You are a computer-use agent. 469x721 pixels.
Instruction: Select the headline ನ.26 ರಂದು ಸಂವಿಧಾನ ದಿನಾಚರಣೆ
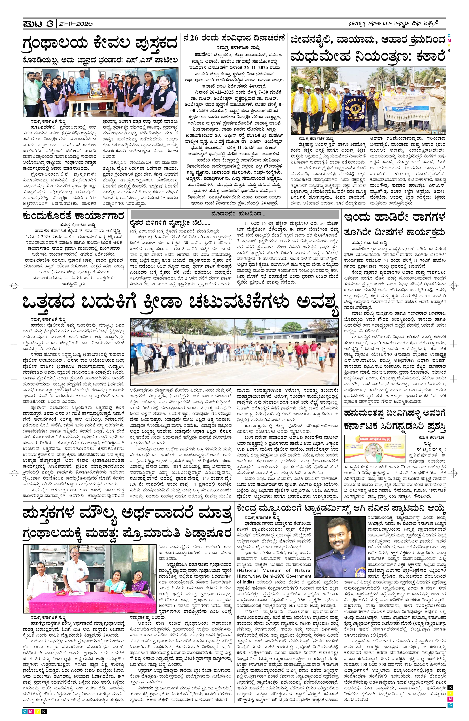point(234,39)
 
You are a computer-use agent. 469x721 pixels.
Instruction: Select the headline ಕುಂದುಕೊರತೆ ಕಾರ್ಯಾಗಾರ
point(73,216)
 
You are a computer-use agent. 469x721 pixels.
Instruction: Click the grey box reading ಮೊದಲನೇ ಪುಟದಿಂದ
point(234,214)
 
